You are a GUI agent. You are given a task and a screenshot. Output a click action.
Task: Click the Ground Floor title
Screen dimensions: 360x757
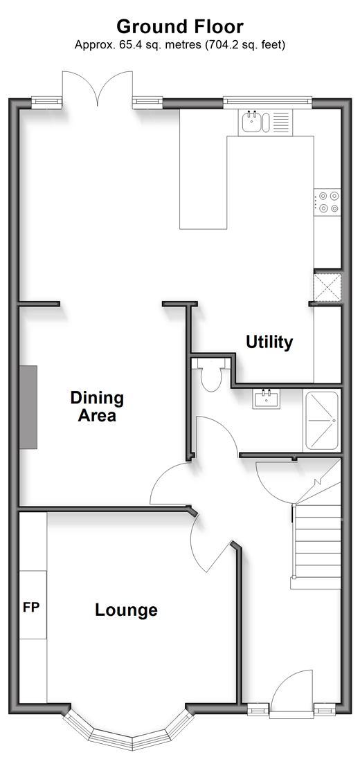tap(180, 26)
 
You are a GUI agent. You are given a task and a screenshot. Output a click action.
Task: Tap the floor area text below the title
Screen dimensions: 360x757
tap(180, 45)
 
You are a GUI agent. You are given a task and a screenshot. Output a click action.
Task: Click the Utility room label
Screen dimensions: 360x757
tap(269, 343)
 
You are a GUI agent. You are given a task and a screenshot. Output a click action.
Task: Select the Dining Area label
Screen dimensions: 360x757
tap(97, 406)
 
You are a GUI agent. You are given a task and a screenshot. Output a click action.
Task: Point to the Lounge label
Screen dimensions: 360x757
tap(126, 610)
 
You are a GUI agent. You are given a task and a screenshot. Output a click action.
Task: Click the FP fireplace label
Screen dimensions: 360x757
tap(31, 608)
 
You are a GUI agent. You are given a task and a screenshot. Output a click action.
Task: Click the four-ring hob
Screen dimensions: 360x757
tap(327, 202)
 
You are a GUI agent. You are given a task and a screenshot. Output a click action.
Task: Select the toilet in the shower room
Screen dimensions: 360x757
tap(210, 375)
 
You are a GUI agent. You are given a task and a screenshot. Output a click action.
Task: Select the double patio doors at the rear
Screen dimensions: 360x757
tap(98, 89)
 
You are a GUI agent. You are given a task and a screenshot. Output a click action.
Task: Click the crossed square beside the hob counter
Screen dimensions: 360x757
tap(327, 289)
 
